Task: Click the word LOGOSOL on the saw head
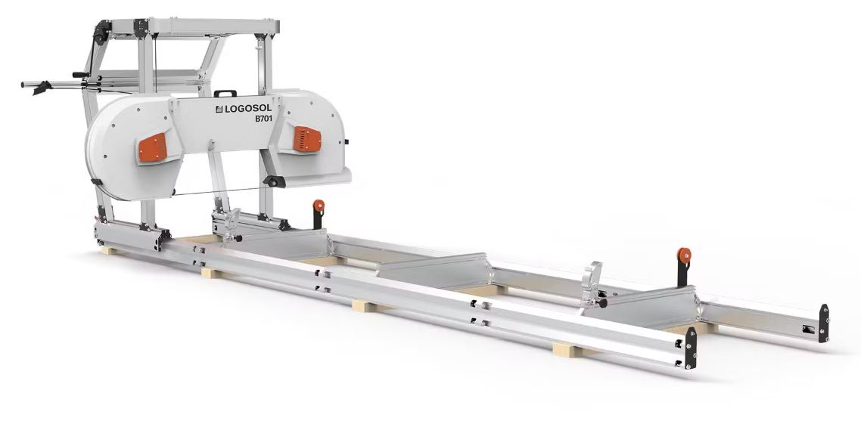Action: [247, 109]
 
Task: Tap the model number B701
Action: [263, 118]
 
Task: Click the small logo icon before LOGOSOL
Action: [218, 110]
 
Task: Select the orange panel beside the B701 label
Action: [307, 139]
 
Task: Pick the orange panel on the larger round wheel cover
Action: [152, 147]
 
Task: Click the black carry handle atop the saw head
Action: [225, 93]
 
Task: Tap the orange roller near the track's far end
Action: [684, 255]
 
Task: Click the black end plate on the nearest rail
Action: [690, 348]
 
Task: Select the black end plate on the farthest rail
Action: [824, 323]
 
